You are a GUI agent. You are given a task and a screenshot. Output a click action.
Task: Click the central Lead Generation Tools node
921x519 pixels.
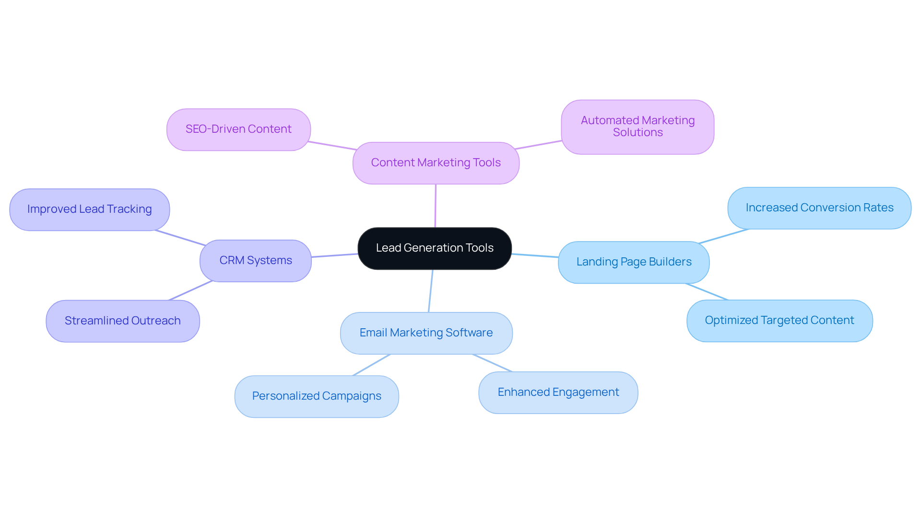click(x=435, y=248)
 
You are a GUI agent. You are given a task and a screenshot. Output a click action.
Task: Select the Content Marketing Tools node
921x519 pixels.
click(x=436, y=163)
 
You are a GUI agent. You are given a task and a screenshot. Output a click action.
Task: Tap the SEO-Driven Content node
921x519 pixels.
click(x=238, y=129)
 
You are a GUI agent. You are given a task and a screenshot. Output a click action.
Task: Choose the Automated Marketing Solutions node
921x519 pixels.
click(x=638, y=127)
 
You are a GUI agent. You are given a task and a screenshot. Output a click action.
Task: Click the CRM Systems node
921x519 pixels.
click(x=256, y=261)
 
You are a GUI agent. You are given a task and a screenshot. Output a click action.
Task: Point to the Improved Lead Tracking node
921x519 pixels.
click(x=90, y=209)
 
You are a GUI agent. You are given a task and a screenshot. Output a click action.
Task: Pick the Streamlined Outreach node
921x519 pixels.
click(x=123, y=321)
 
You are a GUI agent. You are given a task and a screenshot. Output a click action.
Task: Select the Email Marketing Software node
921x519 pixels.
click(x=426, y=333)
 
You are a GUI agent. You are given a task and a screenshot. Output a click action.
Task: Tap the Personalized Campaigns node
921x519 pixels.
click(x=317, y=396)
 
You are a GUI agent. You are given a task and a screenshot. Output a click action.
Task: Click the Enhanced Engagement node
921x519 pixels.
click(x=558, y=392)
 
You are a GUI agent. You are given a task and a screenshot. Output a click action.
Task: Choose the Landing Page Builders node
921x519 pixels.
click(x=634, y=262)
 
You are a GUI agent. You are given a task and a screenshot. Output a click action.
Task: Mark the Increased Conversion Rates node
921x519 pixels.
click(x=819, y=208)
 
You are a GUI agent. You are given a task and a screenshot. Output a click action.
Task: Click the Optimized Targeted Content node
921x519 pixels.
click(x=779, y=321)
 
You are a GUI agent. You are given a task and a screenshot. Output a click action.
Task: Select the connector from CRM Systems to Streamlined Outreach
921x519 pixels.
click(x=190, y=290)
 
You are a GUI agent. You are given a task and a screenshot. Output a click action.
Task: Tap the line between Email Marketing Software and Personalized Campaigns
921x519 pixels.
click(x=371, y=365)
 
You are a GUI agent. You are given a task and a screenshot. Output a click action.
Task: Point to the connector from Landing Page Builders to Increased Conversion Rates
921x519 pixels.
click(x=723, y=236)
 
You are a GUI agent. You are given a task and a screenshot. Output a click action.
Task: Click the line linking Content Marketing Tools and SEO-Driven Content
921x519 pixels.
click(x=332, y=146)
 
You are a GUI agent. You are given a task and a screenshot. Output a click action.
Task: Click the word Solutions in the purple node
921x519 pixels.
click(x=638, y=133)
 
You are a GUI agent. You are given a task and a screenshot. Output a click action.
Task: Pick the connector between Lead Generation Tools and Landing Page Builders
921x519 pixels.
click(x=535, y=255)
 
